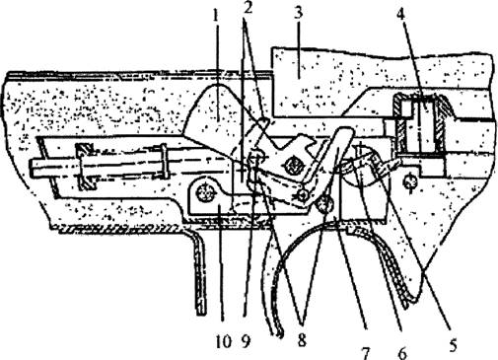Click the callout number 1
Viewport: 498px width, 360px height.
(215, 16)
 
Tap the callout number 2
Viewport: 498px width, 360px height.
(248, 8)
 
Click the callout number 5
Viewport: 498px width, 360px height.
(453, 346)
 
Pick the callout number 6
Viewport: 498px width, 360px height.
(402, 353)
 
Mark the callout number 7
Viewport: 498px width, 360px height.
(366, 353)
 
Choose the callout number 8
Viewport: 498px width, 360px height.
(302, 341)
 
